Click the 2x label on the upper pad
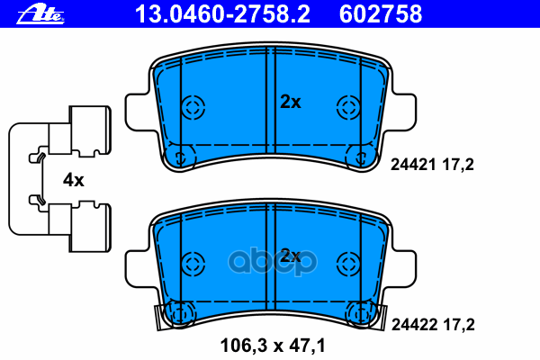tap(290, 102)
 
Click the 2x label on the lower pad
tap(290, 256)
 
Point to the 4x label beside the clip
tap(73, 180)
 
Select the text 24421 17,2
tap(431, 164)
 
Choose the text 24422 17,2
tap(431, 321)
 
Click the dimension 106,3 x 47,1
tap(272, 343)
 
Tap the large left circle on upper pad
tap(193, 107)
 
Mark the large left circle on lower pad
tap(193, 262)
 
